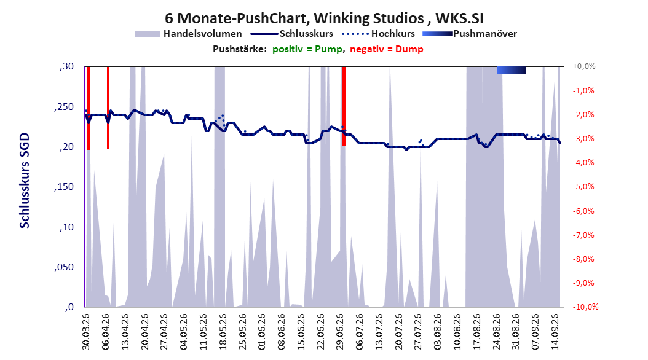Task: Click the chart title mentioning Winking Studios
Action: (324, 18)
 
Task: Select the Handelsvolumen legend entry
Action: (189, 34)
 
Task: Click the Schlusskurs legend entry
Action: (293, 34)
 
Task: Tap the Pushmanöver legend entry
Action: (470, 34)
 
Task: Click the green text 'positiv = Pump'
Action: (307, 49)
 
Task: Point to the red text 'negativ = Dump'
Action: (387, 49)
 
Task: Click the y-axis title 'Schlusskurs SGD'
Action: (25, 181)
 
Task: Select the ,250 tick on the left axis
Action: (64, 106)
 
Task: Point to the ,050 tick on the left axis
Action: (64, 267)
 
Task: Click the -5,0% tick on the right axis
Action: (583, 187)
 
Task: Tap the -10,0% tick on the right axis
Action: (585, 307)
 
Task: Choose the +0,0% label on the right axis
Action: (584, 66)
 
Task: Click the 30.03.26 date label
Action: (86, 332)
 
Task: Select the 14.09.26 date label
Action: (555, 332)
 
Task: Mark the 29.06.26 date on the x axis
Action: (340, 332)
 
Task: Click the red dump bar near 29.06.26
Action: (344, 106)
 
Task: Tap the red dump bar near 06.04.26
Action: (108, 108)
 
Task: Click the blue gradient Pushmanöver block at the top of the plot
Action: (512, 70)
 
